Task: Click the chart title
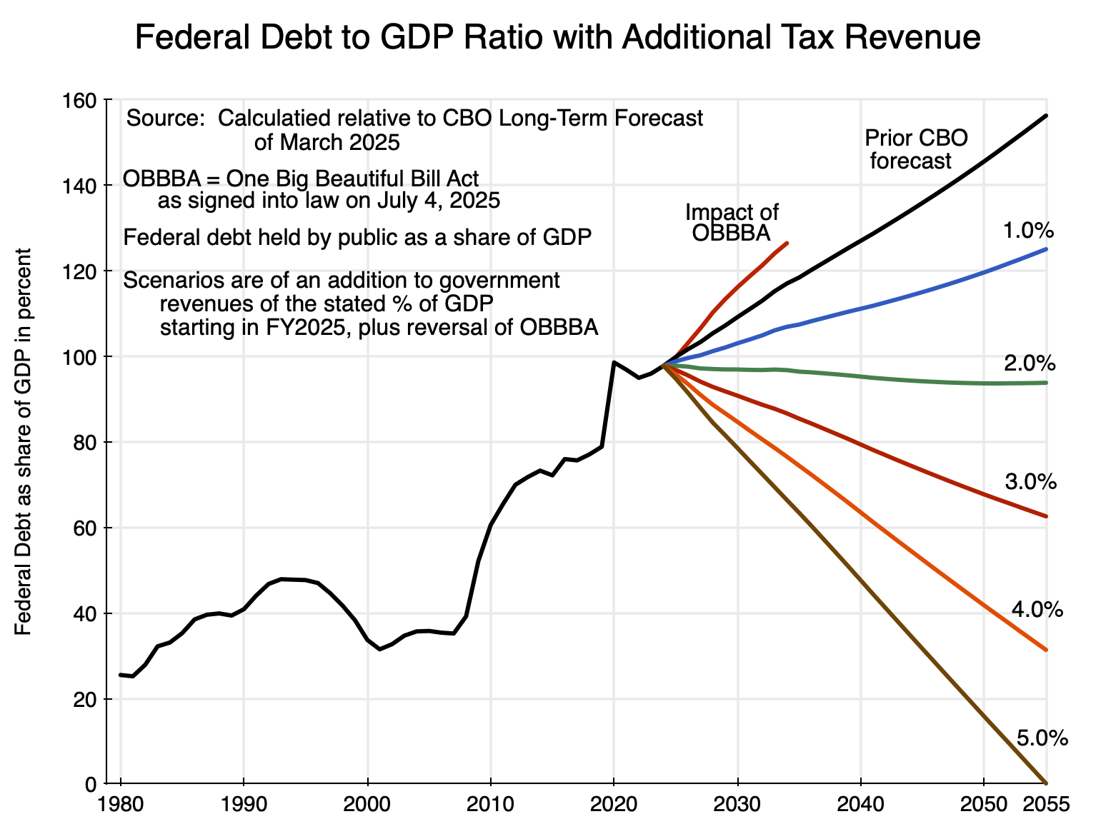pyautogui.click(x=557, y=38)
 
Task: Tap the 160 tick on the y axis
pyautogui.click(x=83, y=100)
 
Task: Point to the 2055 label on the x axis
pyautogui.click(x=1047, y=805)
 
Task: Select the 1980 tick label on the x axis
pyautogui.click(x=121, y=805)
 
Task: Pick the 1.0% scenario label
pyautogui.click(x=1029, y=231)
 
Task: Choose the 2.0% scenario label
pyautogui.click(x=1030, y=363)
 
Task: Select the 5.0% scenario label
pyautogui.click(x=1042, y=738)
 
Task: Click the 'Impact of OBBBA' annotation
pyautogui.click(x=732, y=222)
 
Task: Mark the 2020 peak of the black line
pyautogui.click(x=614, y=362)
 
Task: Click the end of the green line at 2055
pyautogui.click(x=1046, y=383)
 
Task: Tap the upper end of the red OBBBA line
pyautogui.click(x=787, y=243)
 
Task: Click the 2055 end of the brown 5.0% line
pyautogui.click(x=1046, y=783)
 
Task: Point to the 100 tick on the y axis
pyautogui.click(x=83, y=356)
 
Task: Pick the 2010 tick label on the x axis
pyautogui.click(x=491, y=805)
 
